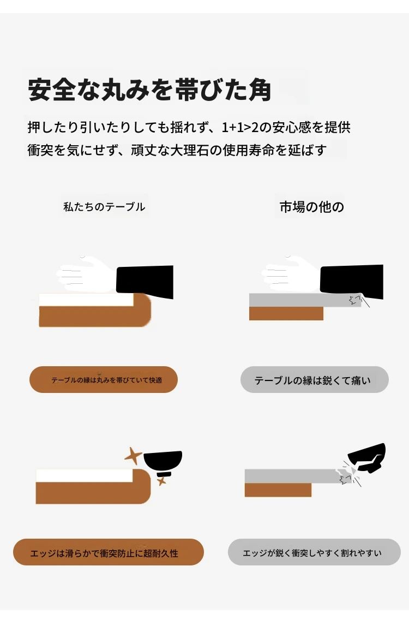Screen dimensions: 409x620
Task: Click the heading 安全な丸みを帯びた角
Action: pyautogui.click(x=149, y=90)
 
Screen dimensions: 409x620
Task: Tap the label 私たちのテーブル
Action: pyautogui.click(x=104, y=207)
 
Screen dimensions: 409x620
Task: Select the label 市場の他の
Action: pyautogui.click(x=312, y=207)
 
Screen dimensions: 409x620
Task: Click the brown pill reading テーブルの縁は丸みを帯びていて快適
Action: pyautogui.click(x=104, y=380)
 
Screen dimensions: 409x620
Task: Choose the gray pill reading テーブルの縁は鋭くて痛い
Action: pyautogui.click(x=315, y=380)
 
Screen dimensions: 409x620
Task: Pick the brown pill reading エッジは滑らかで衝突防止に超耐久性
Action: pyautogui.click(x=109, y=552)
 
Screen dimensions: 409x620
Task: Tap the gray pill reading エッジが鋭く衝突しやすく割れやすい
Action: pyautogui.click(x=314, y=552)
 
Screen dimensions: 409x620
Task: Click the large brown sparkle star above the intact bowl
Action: pyautogui.click(x=133, y=456)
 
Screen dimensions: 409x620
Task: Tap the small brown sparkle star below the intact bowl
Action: pyautogui.click(x=161, y=481)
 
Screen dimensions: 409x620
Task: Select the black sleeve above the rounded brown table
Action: pyautogui.click(x=145, y=281)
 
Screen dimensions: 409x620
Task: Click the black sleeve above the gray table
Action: pyautogui.click(x=352, y=281)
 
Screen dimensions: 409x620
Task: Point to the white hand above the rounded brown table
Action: pyautogui.click(x=86, y=274)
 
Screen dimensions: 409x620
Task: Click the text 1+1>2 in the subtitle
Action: pyautogui.click(x=236, y=127)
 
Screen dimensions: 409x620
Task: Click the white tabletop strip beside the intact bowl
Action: pyautogui.click(x=84, y=476)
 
